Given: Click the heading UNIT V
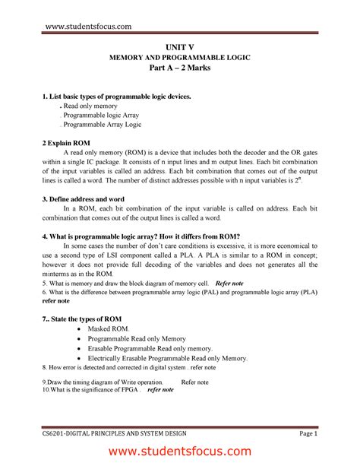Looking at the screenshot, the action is point(179,46).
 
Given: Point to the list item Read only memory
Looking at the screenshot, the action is point(96,109).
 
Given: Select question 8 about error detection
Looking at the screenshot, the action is point(129,367).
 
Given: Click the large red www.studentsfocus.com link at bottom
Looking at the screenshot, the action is point(180,452).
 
